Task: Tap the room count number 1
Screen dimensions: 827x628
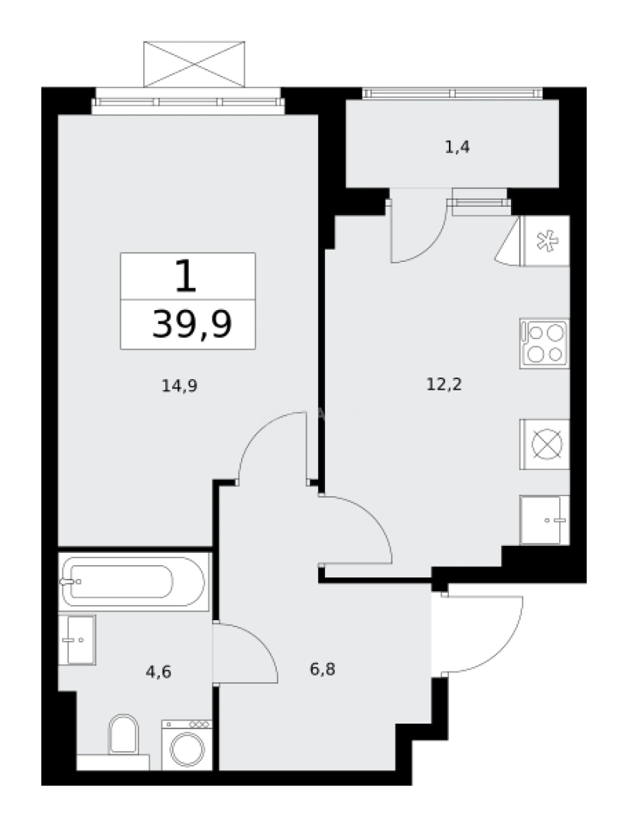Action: point(186,276)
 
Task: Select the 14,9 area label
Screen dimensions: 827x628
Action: point(180,386)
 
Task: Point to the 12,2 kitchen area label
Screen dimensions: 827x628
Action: point(444,384)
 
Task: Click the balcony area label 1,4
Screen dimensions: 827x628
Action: point(457,147)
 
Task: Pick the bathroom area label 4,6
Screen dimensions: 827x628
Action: point(158,672)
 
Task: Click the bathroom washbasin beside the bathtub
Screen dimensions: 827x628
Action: point(77,639)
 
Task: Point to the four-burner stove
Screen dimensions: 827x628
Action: point(544,343)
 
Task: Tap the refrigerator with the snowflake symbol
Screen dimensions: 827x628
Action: point(545,240)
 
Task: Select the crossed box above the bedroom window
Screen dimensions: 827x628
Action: point(194,63)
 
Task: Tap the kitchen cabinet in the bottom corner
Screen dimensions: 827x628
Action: point(544,520)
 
